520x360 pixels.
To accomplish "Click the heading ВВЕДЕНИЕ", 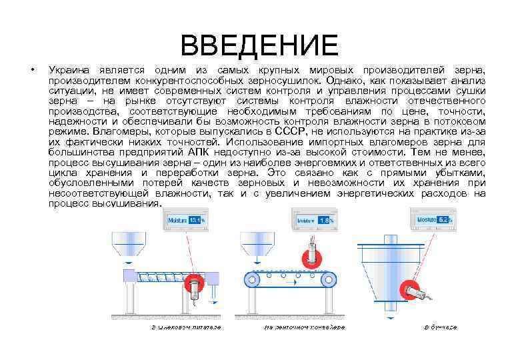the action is click(x=259, y=45).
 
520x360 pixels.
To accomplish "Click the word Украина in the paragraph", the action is click(x=68, y=70).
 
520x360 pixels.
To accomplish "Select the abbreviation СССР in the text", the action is click(x=289, y=131).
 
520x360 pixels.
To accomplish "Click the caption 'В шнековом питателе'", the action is click(x=185, y=327).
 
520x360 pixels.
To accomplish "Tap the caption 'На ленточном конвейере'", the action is click(x=305, y=327).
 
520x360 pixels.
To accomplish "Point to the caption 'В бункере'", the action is click(x=441, y=327).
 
